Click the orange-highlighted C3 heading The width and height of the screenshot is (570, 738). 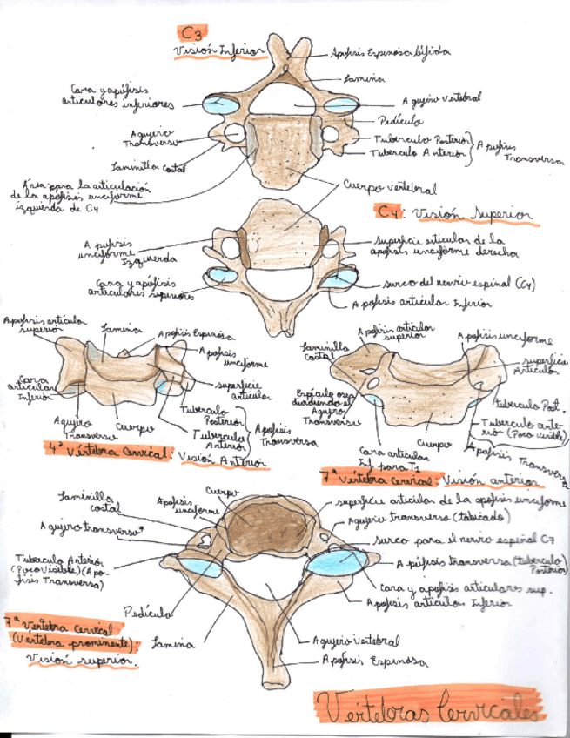(x=191, y=33)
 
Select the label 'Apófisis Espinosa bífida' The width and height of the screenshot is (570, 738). (x=390, y=53)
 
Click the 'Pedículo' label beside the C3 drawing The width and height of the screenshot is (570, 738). (x=401, y=120)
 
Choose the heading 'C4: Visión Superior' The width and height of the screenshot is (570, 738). (x=458, y=213)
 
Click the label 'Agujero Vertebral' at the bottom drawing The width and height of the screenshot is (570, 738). (x=356, y=641)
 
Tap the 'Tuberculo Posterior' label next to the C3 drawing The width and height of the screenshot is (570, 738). (x=422, y=138)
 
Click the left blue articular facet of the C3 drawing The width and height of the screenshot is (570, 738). (x=217, y=106)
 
